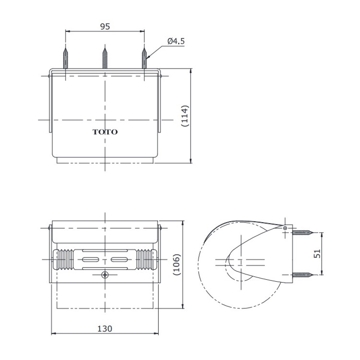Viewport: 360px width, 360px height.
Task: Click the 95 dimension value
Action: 105,27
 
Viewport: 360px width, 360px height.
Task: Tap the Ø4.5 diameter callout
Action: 176,41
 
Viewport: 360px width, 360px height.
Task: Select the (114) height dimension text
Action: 185,116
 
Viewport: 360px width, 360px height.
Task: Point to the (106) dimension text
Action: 177,265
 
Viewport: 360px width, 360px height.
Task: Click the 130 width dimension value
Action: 105,329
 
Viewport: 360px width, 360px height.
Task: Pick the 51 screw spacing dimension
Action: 317,254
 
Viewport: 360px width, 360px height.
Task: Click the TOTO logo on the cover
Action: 105,132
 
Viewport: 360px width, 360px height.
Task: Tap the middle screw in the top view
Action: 105,58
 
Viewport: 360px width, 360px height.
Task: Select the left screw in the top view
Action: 66,58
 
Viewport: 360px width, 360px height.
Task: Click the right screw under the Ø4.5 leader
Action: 144,58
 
